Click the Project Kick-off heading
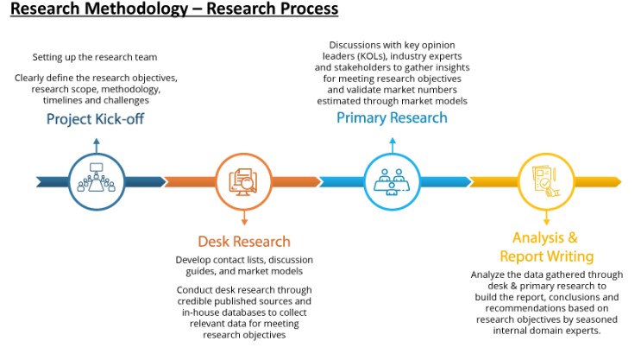95,118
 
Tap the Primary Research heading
392,117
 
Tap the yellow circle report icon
546,181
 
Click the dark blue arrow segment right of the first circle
142,181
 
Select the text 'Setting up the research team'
95,57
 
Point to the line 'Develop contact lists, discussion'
244,260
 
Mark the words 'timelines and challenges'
95,99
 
